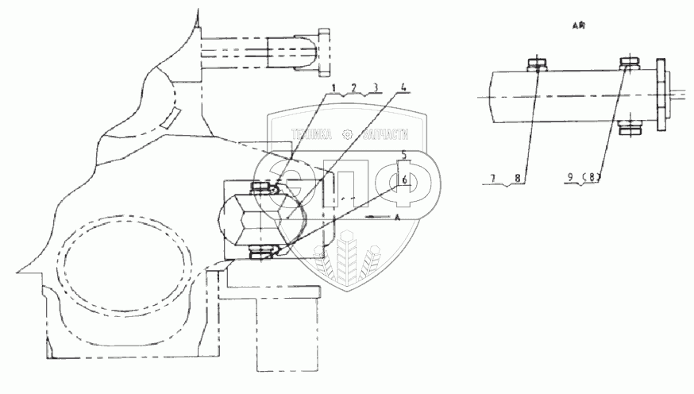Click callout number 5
pos(404,153)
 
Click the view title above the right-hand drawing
pos(578,26)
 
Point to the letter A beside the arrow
pos(395,216)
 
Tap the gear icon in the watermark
pos(347,135)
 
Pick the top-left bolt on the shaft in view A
pos(535,64)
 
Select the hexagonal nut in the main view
pos(245,218)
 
